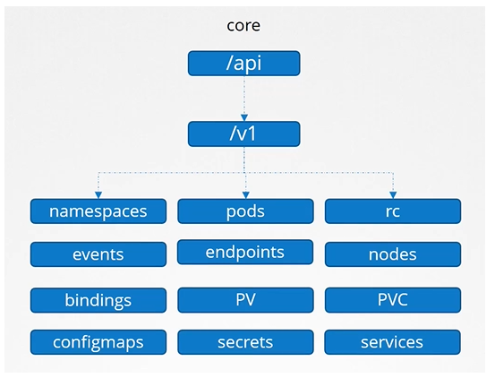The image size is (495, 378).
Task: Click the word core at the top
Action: click(243, 25)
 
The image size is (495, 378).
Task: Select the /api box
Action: click(243, 64)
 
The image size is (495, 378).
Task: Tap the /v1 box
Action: click(243, 133)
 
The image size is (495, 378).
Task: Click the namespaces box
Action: click(98, 211)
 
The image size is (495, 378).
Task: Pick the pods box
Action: click(244, 211)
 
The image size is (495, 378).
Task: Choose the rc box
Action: click(392, 211)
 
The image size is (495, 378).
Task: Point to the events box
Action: click(98, 254)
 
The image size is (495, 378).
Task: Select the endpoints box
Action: click(244, 253)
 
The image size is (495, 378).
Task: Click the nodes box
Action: click(392, 254)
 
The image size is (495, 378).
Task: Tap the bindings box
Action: click(98, 299)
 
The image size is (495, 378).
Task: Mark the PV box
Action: click(244, 299)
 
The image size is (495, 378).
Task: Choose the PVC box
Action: click(392, 299)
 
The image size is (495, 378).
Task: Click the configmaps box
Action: click(98, 341)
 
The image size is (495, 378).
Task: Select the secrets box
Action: click(244, 341)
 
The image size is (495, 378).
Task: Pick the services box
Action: click(392, 341)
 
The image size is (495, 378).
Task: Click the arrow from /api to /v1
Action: click(243, 97)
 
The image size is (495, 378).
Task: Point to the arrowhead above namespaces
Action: click(98, 194)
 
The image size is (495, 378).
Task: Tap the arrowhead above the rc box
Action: click(392, 194)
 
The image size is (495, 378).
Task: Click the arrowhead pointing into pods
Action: click(244, 194)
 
